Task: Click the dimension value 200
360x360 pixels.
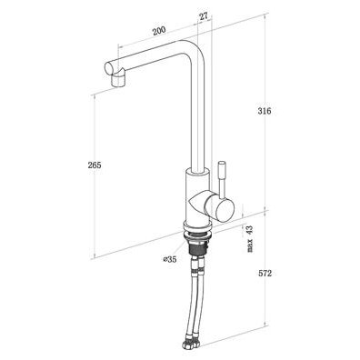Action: click(159, 31)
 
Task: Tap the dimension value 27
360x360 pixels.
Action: click(204, 16)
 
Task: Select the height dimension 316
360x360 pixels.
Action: click(265, 111)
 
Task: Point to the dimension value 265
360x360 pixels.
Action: click(95, 165)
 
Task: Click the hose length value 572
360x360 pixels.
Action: click(265, 274)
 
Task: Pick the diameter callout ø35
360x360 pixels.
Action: click(170, 259)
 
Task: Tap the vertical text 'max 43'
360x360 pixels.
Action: click(250, 238)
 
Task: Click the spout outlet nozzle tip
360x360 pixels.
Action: click(118, 80)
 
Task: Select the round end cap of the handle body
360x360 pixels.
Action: click(224, 209)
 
